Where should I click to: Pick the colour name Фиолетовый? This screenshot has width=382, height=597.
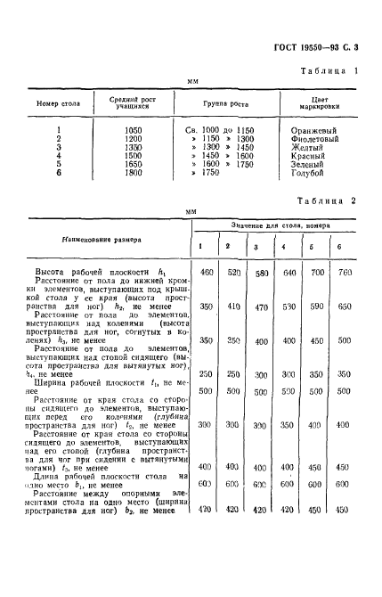pos(316,139)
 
